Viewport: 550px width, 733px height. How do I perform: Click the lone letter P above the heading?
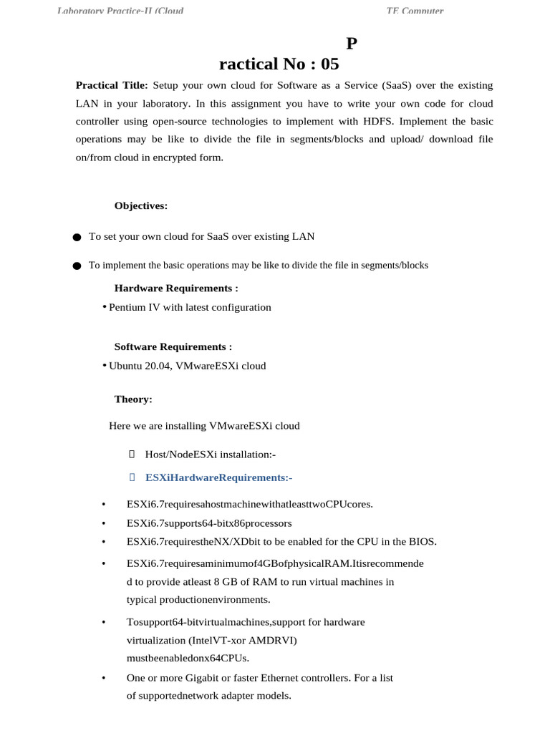pos(351,44)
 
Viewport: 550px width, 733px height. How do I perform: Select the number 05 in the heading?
pos(329,64)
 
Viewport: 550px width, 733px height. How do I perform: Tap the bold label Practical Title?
pos(112,85)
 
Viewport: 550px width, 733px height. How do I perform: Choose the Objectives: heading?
pos(141,206)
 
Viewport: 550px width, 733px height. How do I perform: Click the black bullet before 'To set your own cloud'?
pos(77,237)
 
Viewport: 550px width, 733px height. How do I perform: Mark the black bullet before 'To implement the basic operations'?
pos(77,266)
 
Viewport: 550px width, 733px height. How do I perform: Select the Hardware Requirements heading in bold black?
pos(176,288)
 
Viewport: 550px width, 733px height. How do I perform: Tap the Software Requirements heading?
pos(173,347)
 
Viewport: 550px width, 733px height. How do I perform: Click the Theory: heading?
pos(133,399)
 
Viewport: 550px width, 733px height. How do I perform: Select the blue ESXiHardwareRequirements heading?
pos(218,477)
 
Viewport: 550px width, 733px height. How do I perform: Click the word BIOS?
pos(420,541)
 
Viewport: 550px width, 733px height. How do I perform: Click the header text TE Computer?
pos(415,11)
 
